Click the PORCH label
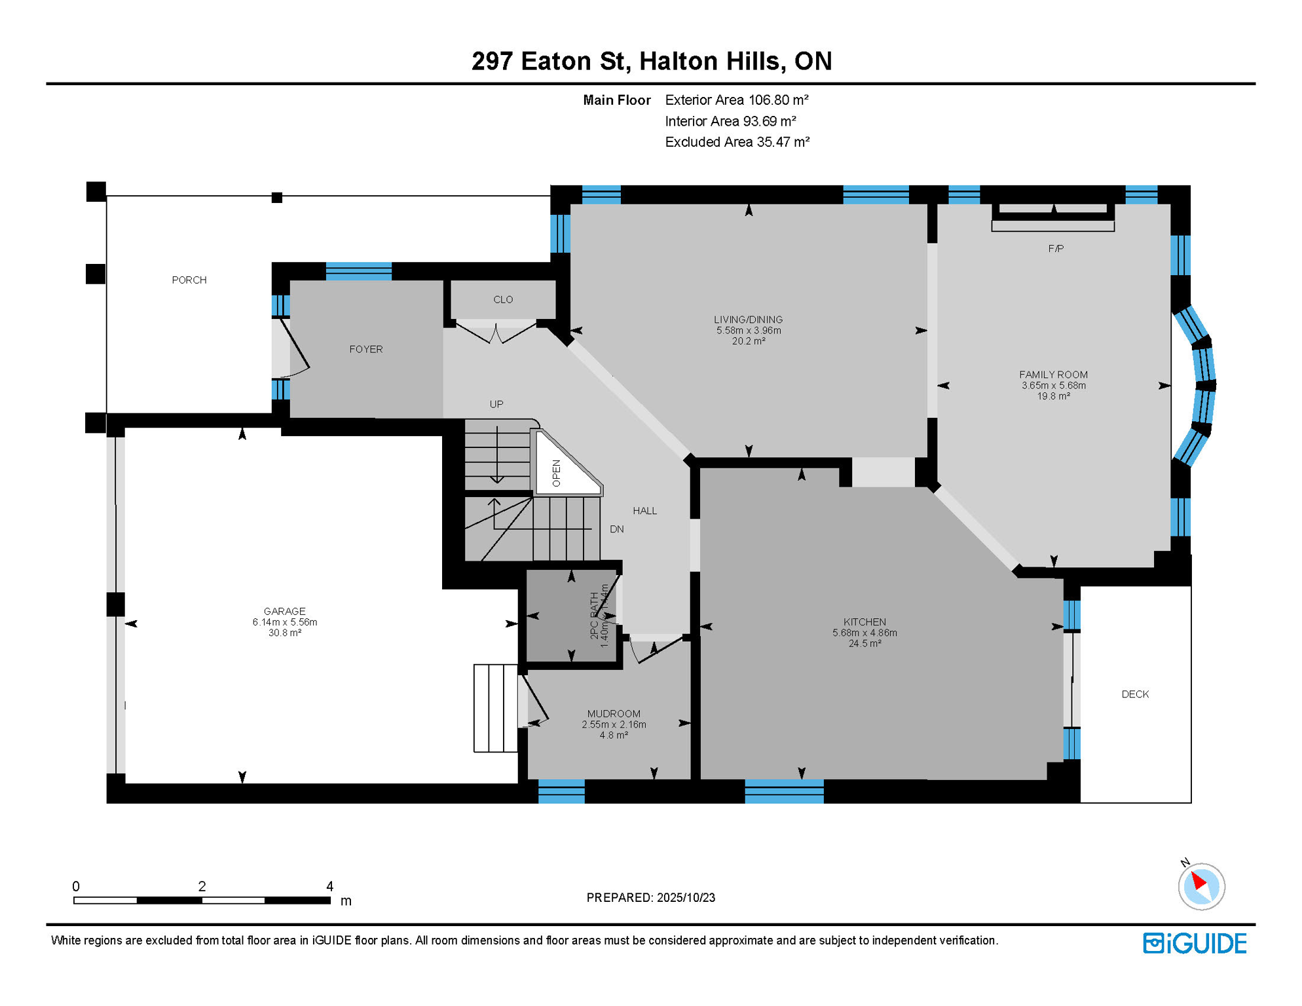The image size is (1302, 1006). point(189,280)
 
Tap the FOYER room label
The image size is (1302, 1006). point(366,350)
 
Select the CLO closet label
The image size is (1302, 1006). point(503,300)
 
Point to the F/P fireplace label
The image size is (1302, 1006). point(1056,249)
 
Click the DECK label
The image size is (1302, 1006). point(1135,694)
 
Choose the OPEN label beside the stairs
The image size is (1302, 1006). point(557,473)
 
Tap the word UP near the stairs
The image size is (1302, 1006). point(496,405)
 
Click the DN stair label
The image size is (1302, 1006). point(617,529)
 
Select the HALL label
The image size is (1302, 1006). point(645,511)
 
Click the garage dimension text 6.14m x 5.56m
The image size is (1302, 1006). point(285,622)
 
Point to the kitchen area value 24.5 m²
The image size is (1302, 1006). point(865,644)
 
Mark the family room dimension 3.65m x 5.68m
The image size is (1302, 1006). point(1054,386)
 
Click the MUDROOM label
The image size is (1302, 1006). point(614,714)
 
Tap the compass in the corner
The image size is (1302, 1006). point(1201,886)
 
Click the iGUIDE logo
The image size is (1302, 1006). point(1195,943)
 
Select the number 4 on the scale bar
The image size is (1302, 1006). point(330,886)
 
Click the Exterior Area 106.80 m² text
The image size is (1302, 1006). point(737,100)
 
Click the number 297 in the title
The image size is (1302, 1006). point(493,61)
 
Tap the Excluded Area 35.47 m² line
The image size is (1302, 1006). point(737,142)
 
